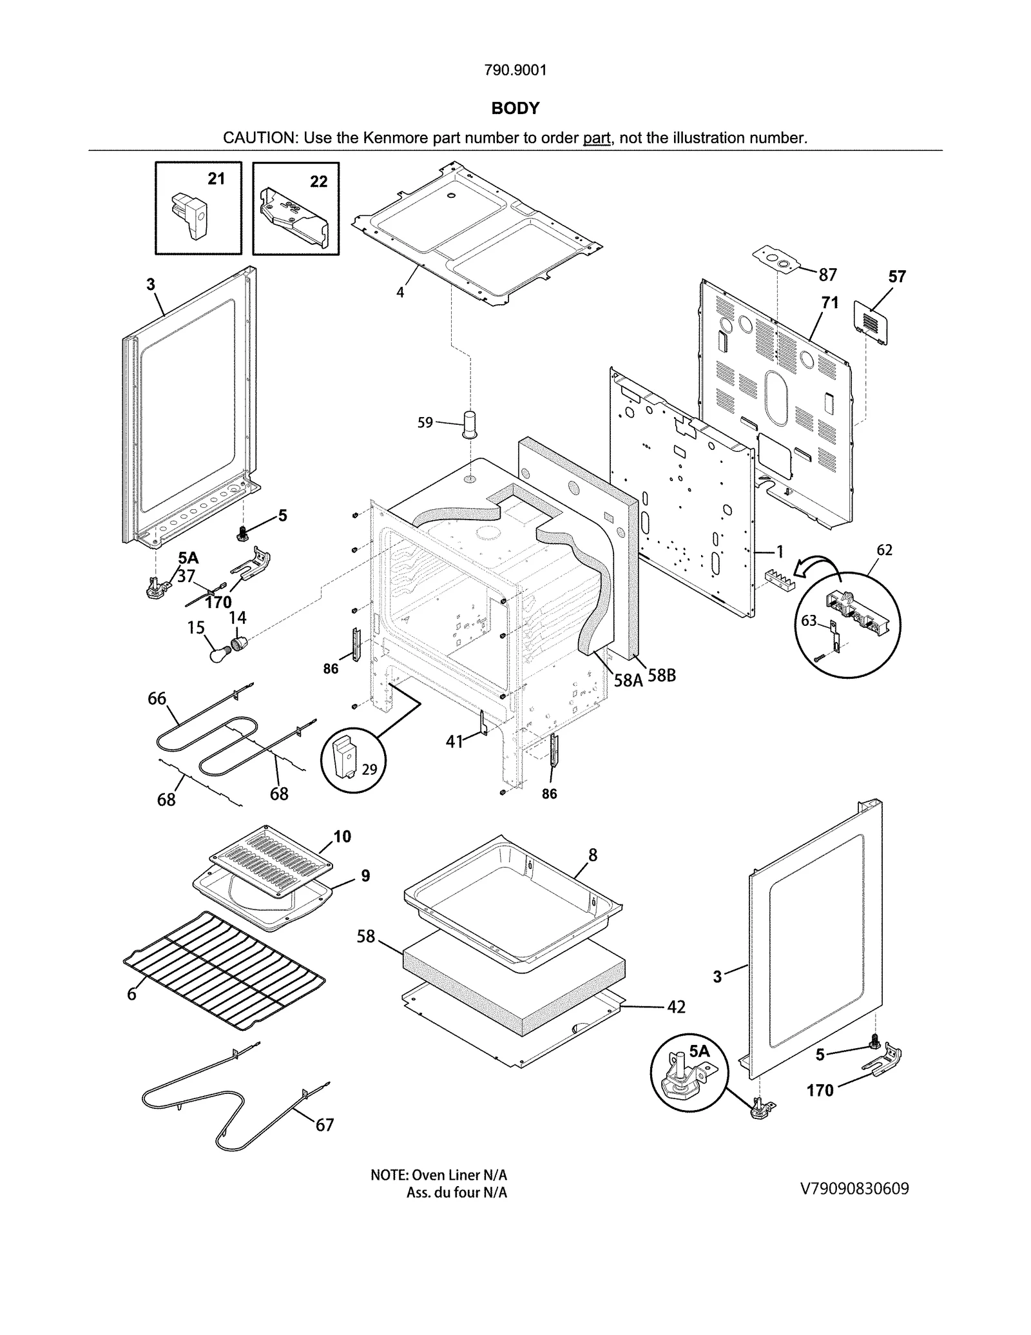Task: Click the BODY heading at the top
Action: click(x=515, y=108)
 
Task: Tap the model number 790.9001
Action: click(x=515, y=70)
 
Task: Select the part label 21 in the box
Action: click(x=216, y=179)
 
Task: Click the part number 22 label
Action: click(x=318, y=182)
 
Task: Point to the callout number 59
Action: click(x=425, y=423)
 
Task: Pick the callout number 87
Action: click(x=827, y=275)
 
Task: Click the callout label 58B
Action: click(x=661, y=676)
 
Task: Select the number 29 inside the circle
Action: click(x=369, y=769)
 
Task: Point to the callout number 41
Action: click(x=454, y=742)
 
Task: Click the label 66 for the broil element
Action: click(x=157, y=698)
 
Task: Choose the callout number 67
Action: click(x=324, y=1125)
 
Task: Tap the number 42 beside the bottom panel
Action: click(x=676, y=1006)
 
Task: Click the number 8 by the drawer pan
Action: click(x=593, y=855)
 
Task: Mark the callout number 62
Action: click(x=884, y=550)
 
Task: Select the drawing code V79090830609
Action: click(x=854, y=1189)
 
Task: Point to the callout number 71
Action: click(x=830, y=302)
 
